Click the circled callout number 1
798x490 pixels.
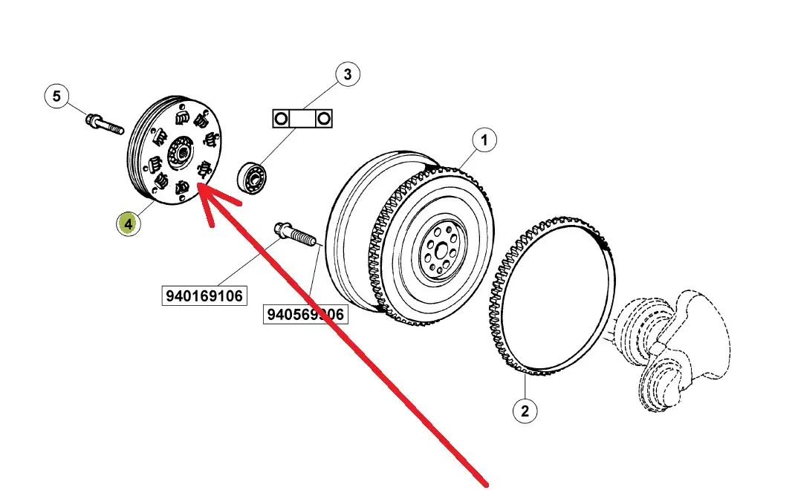[484, 140]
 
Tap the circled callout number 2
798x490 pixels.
[525, 411]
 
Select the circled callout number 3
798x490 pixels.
[346, 74]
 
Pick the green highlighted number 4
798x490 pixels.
[129, 223]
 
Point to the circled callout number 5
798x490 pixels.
[56, 96]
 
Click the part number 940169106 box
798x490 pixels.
[204, 295]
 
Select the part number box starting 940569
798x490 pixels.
[305, 315]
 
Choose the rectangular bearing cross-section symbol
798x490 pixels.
[302, 119]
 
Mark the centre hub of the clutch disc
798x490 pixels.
[178, 152]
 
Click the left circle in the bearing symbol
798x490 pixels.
[281, 119]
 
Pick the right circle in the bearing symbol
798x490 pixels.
[322, 119]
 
